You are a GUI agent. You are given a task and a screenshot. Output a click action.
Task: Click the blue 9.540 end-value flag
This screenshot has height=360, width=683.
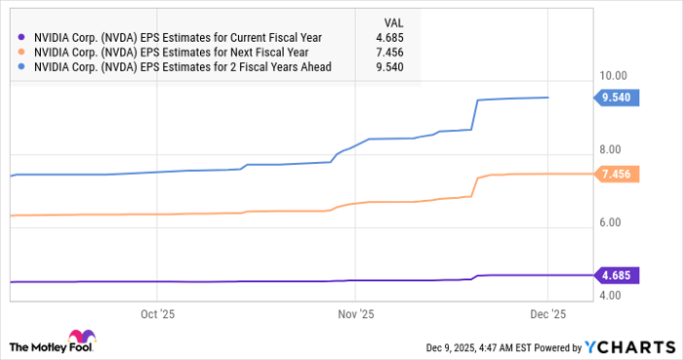click(x=617, y=98)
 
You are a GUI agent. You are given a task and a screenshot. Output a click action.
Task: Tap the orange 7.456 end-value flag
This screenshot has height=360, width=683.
click(x=617, y=174)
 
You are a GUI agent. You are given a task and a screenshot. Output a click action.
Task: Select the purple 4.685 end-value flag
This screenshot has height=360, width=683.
click(x=617, y=275)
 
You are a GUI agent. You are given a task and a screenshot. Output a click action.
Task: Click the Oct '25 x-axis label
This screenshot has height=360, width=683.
click(x=157, y=314)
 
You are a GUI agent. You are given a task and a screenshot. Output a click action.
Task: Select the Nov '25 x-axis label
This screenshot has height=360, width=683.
click(x=355, y=314)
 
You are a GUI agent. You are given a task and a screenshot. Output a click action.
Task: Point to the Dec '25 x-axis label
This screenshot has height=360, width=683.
click(x=547, y=314)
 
